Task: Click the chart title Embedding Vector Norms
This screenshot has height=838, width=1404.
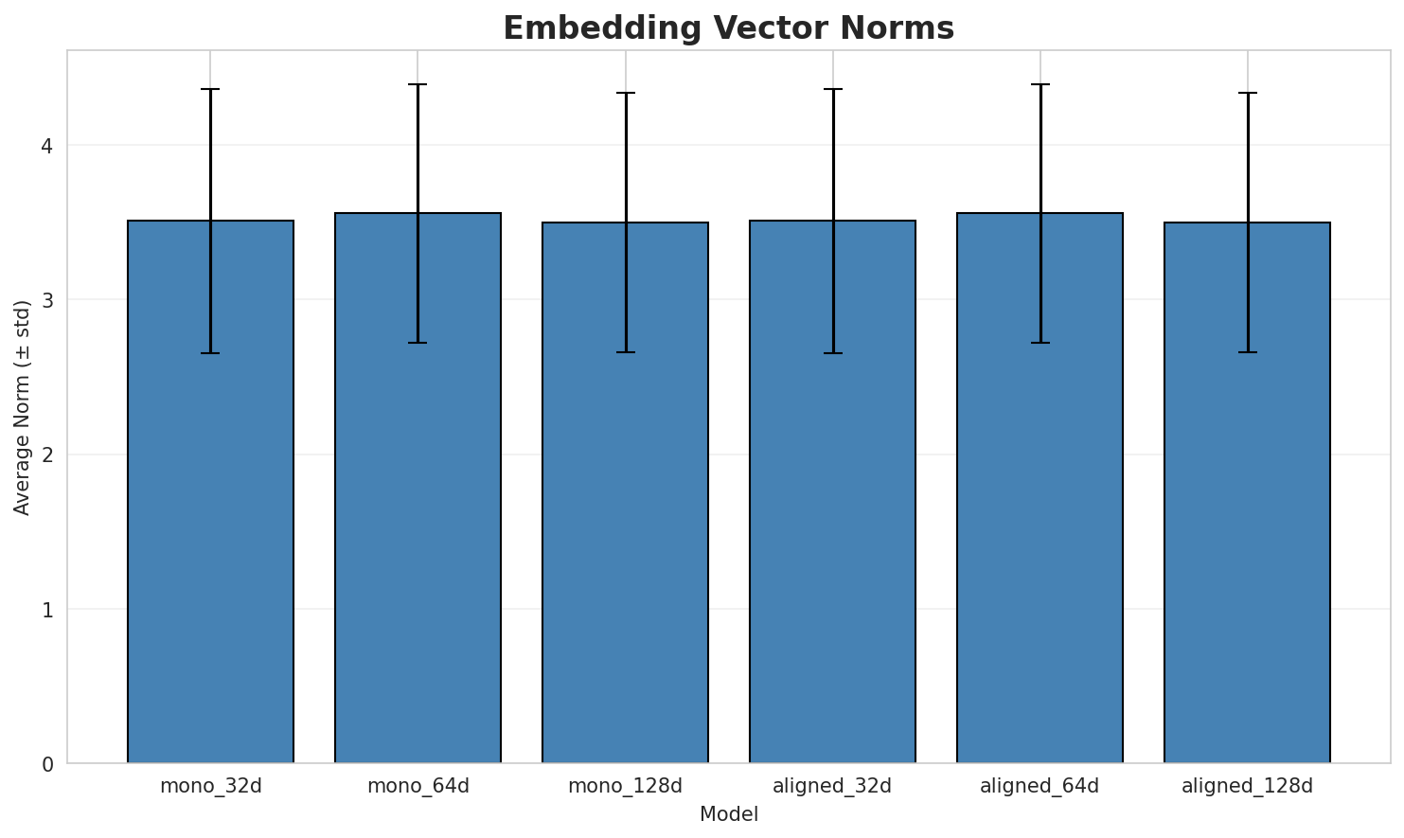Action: pyautogui.click(x=728, y=28)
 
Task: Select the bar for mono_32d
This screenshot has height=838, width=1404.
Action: pyautogui.click(x=210, y=492)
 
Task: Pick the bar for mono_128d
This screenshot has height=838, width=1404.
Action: pyautogui.click(x=625, y=493)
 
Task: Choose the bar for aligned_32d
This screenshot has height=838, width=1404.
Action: pyautogui.click(x=832, y=492)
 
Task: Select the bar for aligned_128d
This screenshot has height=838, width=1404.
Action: pyautogui.click(x=1247, y=493)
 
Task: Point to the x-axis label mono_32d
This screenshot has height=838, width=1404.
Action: pyautogui.click(x=210, y=786)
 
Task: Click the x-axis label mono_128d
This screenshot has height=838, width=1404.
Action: pyautogui.click(x=625, y=786)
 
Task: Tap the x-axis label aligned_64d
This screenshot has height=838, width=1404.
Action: pyautogui.click(x=1040, y=786)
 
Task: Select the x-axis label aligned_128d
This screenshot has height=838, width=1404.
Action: pyautogui.click(x=1247, y=786)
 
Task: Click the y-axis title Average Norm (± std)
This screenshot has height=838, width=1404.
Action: pyautogui.click(x=23, y=407)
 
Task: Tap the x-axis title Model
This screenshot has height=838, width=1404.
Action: pyautogui.click(x=728, y=814)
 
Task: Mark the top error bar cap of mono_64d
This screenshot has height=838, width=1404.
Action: pyautogui.click(x=418, y=85)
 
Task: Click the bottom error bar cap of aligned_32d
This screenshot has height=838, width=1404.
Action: pyautogui.click(x=832, y=353)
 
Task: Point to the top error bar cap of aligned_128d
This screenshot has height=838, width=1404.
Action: pyautogui.click(x=1247, y=93)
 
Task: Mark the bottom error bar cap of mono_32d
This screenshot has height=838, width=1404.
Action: pyautogui.click(x=210, y=353)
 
